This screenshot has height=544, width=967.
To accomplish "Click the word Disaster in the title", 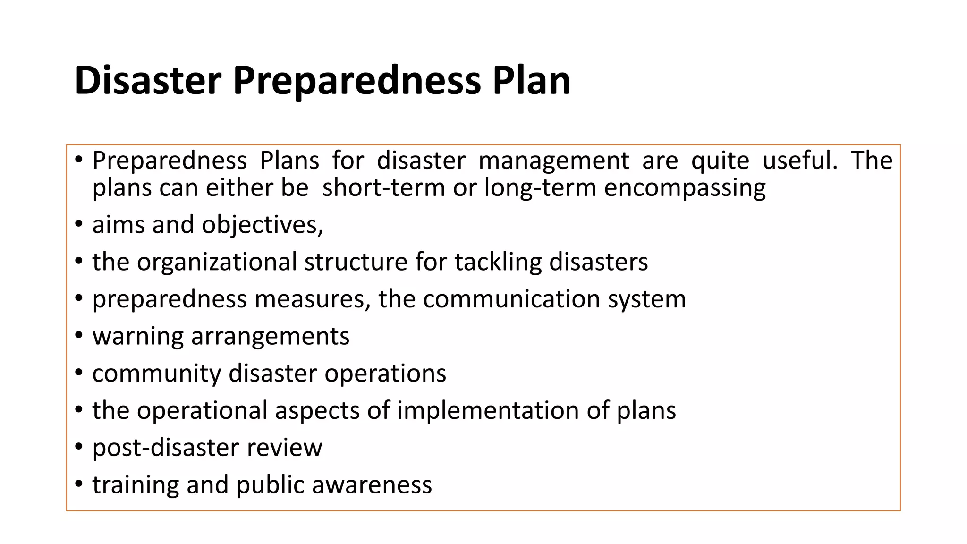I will coord(148,80).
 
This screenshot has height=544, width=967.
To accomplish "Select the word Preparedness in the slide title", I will coord(356,81).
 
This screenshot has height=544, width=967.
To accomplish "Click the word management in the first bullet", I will coord(554,161).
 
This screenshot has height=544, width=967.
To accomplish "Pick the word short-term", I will coord(383,187).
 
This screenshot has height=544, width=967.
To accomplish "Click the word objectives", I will coord(263,225).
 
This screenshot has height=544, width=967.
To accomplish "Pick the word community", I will coord(156,374).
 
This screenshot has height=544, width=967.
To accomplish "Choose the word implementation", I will coord(488,410).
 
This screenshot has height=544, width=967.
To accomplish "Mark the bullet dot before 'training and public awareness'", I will coord(79,484).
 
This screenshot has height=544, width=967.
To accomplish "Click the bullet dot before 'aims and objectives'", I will coord(79,224).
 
